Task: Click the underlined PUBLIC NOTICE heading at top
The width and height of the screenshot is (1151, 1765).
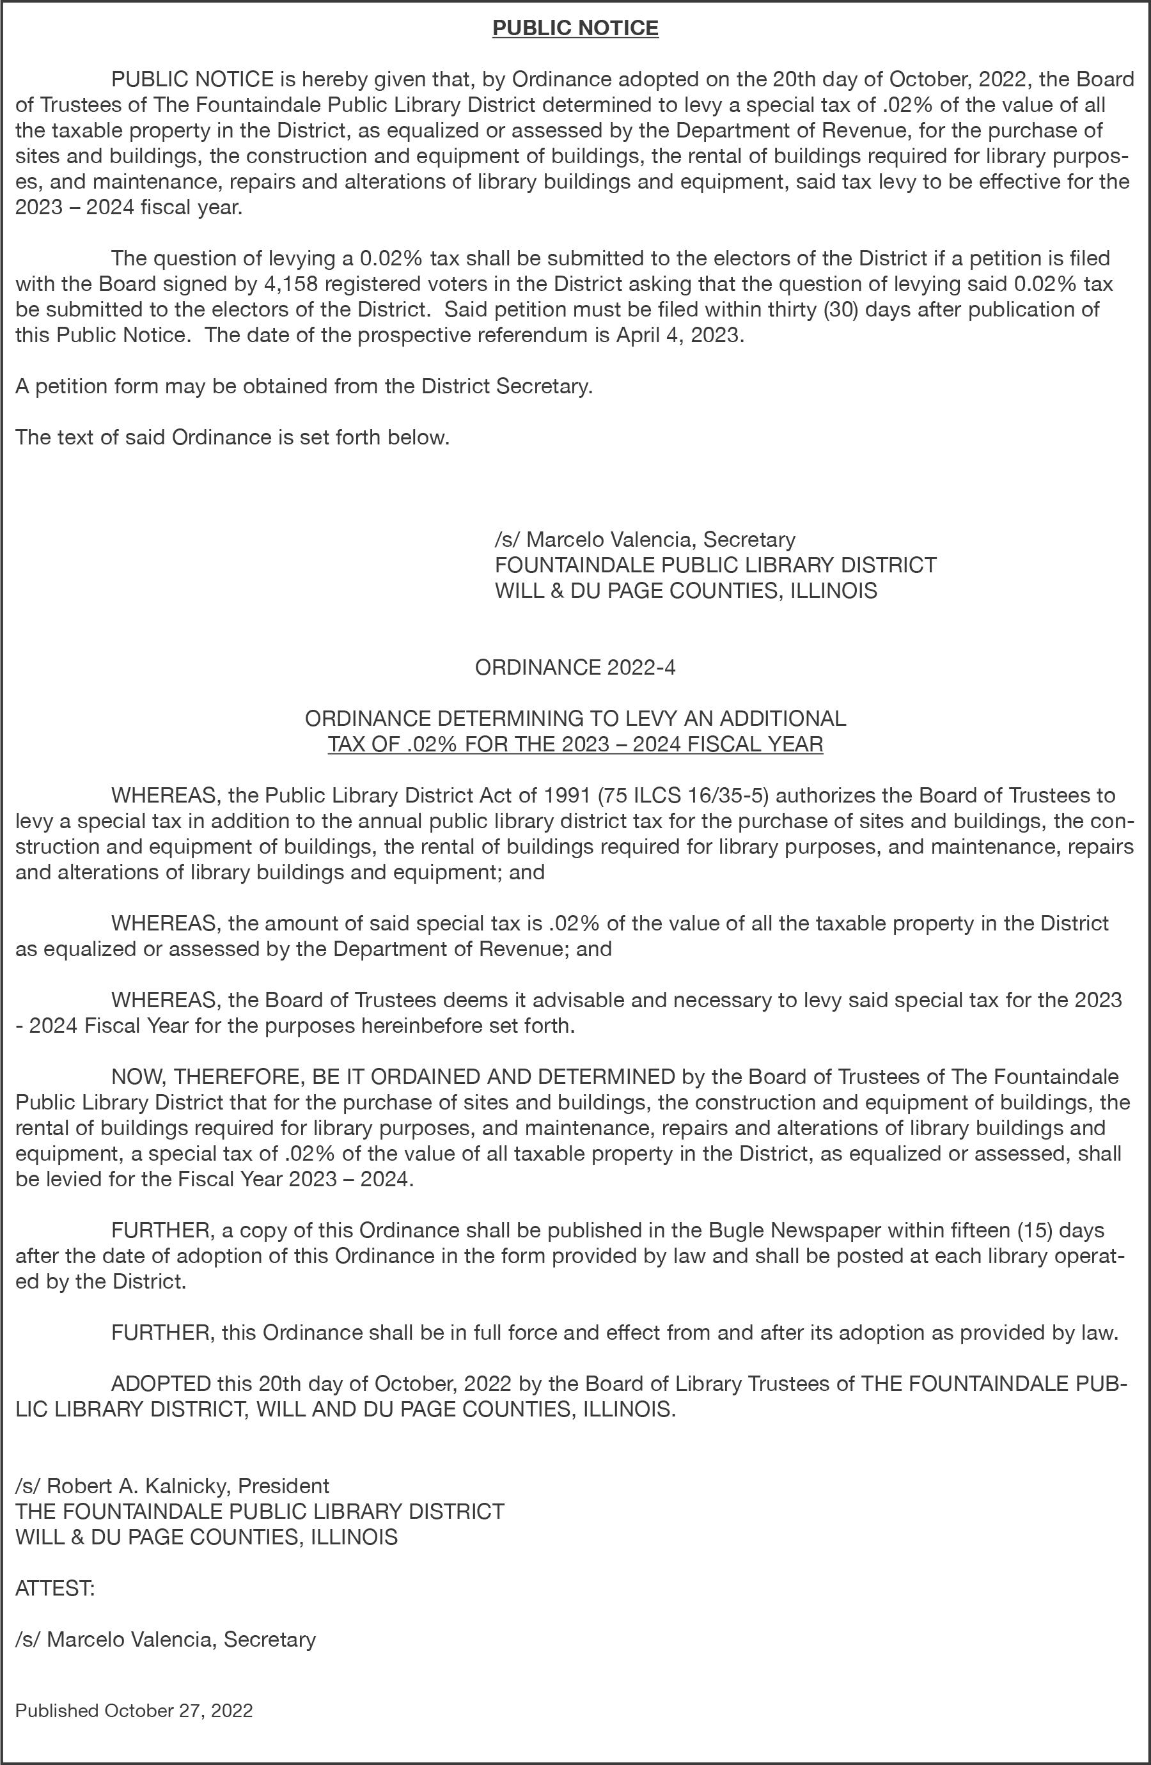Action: [x=575, y=28]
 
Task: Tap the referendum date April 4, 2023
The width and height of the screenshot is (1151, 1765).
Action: [x=677, y=335]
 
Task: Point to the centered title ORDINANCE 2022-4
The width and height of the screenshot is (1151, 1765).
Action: [x=575, y=668]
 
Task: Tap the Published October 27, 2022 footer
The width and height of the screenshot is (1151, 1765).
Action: [x=134, y=1710]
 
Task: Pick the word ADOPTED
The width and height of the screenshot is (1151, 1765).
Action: [x=161, y=1384]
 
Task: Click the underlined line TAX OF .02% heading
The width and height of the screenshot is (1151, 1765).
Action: [x=575, y=744]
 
